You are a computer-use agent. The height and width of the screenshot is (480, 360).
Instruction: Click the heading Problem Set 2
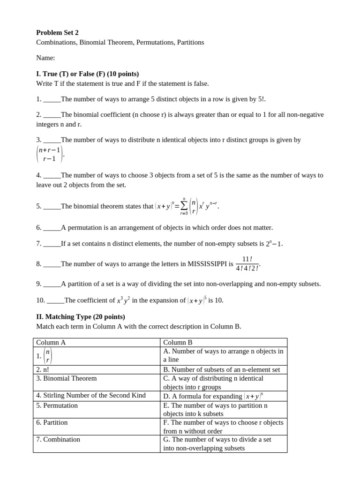(57, 32)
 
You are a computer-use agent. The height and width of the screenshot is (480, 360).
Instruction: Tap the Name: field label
(45, 58)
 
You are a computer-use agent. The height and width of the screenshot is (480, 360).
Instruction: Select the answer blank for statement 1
(52, 99)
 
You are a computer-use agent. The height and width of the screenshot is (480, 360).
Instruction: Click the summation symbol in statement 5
(184, 206)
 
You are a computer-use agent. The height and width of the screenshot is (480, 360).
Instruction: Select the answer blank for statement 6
(52, 227)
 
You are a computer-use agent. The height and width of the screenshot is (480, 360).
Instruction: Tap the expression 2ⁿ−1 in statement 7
(274, 244)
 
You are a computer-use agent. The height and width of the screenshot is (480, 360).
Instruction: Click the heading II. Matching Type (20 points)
(81, 316)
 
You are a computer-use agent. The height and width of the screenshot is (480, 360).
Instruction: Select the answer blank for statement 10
(55, 300)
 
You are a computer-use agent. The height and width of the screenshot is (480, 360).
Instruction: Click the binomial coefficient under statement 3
(50, 154)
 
